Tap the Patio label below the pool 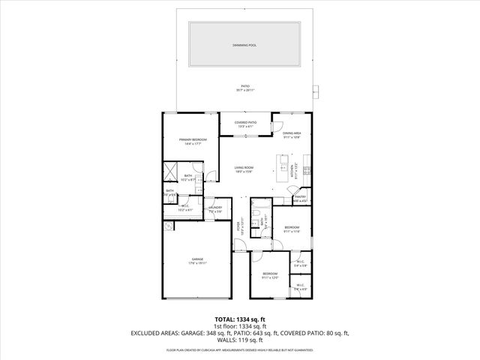pos(245,88)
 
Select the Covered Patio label pos(245,124)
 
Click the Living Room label pos(244,169)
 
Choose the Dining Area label pos(292,135)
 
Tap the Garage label pos(196,260)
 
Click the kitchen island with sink pos(283,165)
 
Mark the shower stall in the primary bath pos(171,170)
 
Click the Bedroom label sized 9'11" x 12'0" pos(269,275)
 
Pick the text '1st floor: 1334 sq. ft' pos(240,326)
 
